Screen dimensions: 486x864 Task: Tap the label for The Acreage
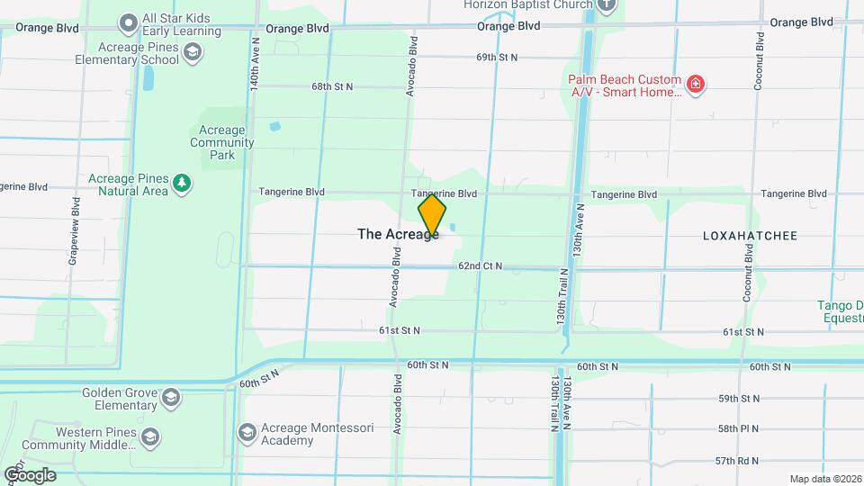coord(398,234)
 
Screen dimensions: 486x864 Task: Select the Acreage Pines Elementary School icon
coord(191,53)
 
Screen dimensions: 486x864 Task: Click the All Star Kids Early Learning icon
coord(128,20)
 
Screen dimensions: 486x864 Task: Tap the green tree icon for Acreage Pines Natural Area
coord(183,184)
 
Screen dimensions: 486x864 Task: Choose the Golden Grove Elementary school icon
coord(169,398)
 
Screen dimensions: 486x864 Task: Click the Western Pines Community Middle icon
coord(149,437)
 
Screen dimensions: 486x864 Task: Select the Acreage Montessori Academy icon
coord(247,433)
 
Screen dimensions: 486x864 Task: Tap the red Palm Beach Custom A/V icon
coord(694,85)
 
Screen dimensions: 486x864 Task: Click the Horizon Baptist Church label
coord(528,4)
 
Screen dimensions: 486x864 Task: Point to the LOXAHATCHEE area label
coord(750,236)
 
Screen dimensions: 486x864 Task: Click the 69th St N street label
coord(498,58)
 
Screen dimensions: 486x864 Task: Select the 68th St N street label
coord(332,86)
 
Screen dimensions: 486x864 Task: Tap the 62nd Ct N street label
coord(480,266)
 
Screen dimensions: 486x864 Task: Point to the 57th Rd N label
coord(738,461)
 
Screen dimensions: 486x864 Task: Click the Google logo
coord(30,474)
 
